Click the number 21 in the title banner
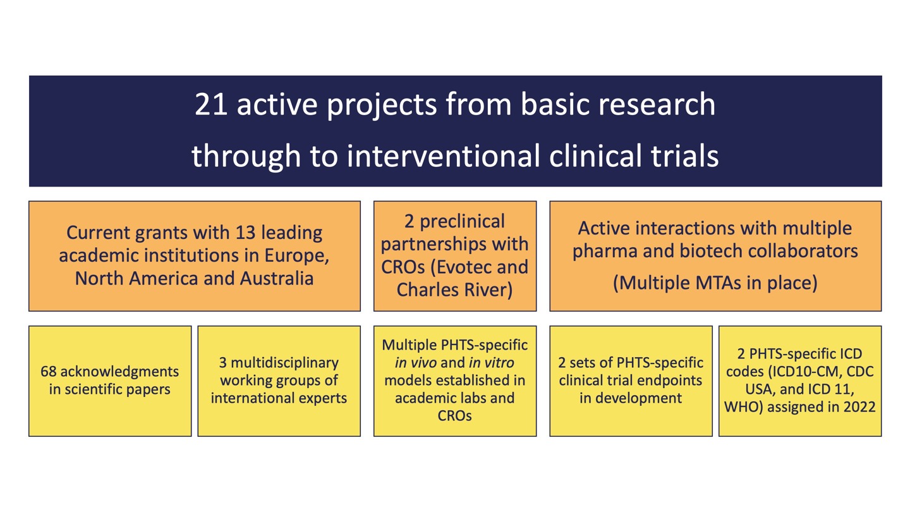pyautogui.click(x=210, y=104)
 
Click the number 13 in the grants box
pyautogui.click(x=245, y=233)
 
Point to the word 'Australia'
pyautogui.click(x=277, y=279)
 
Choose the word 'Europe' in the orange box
pyautogui.click(x=296, y=256)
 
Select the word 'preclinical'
pyautogui.click(x=462, y=222)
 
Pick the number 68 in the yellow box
pyautogui.click(x=48, y=372)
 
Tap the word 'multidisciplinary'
pyautogui.click(x=284, y=363)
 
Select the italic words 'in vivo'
pyautogui.click(x=415, y=363)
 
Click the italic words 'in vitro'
pyautogui.click(x=491, y=363)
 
